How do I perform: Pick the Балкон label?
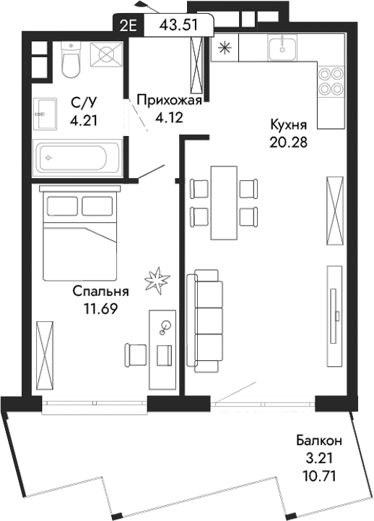(x=318, y=440)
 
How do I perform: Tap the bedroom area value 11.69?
(x=100, y=308)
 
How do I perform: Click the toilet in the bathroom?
(x=70, y=60)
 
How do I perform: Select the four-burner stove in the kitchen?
(x=329, y=82)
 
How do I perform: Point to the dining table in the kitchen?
(x=223, y=202)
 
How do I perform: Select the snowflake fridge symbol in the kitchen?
(x=223, y=49)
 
